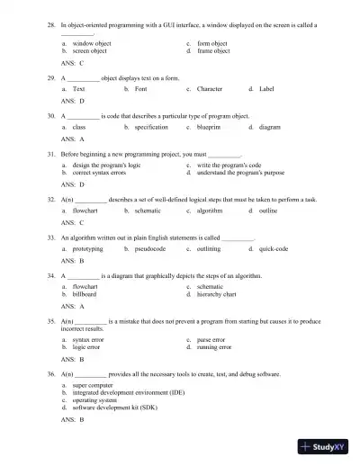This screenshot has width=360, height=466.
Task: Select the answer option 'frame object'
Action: [x=213, y=51]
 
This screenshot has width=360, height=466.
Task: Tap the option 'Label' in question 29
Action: [x=266, y=90]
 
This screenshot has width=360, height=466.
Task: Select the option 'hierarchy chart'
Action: [x=216, y=293]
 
